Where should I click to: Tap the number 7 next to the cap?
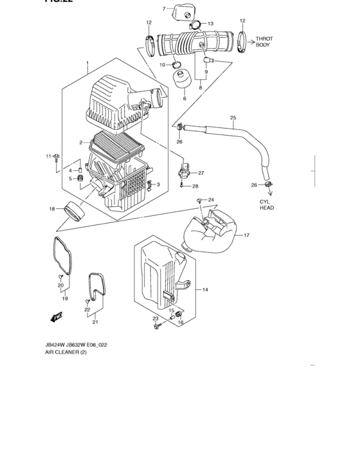(x=164, y=8)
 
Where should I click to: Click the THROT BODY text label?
(x=264, y=42)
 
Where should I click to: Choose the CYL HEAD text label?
(x=267, y=204)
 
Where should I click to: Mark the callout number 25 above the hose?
(x=233, y=118)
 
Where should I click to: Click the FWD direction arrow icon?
(x=56, y=317)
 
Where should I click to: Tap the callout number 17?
(x=245, y=235)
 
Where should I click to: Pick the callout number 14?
(x=206, y=290)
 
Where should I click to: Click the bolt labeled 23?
(x=156, y=328)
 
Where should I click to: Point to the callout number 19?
(x=64, y=299)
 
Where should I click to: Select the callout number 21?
(x=94, y=322)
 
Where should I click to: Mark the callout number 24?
(x=210, y=200)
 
